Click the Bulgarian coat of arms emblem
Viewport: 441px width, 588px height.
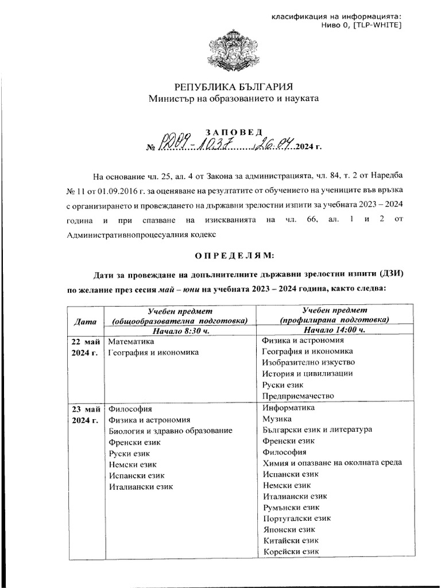pyautogui.click(x=220, y=51)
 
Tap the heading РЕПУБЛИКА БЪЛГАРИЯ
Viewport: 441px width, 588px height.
pyautogui.click(x=220, y=87)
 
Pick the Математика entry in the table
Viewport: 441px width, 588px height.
pyautogui.click(x=132, y=341)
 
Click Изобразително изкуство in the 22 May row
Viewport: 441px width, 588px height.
pyautogui.click(x=308, y=363)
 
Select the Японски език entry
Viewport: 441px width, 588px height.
pyautogui.click(x=288, y=529)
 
